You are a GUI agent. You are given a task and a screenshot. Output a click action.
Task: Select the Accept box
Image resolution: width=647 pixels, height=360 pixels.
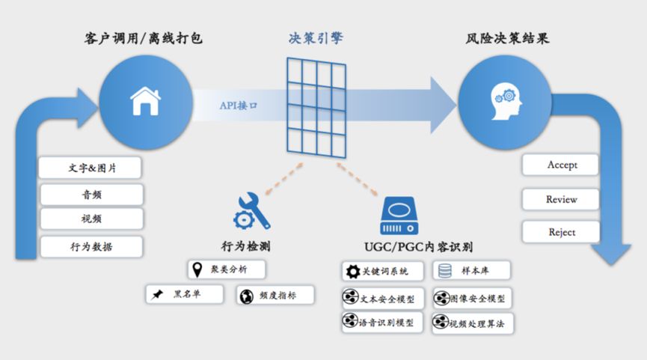click(561, 165)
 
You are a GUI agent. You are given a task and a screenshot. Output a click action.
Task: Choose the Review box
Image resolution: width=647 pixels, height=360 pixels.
click(561, 199)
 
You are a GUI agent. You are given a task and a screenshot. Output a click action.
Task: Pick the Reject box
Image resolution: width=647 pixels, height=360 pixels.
click(561, 232)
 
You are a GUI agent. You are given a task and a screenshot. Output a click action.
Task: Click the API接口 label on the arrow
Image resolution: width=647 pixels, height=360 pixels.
click(238, 106)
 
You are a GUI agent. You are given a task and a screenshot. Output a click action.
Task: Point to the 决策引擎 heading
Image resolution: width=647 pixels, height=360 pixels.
click(316, 38)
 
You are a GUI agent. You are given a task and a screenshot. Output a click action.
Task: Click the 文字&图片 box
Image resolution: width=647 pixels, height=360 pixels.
click(91, 168)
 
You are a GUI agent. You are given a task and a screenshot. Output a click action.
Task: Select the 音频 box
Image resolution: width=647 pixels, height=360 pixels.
click(91, 195)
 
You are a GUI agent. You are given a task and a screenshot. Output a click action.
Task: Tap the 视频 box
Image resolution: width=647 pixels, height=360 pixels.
click(91, 219)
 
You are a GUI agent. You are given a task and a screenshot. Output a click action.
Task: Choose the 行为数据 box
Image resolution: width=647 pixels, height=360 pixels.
click(91, 245)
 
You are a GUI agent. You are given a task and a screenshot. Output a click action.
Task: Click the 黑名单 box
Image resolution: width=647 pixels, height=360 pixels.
click(185, 294)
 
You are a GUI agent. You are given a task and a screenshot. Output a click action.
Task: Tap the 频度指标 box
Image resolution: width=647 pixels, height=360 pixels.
click(275, 295)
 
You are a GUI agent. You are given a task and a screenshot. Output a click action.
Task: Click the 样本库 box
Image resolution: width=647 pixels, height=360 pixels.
click(472, 271)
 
